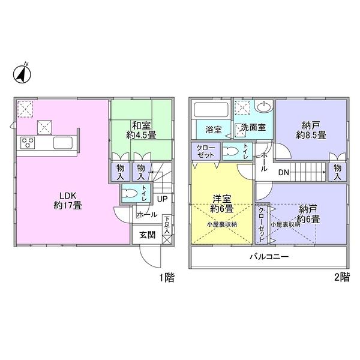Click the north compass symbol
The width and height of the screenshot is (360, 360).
tap(23, 74)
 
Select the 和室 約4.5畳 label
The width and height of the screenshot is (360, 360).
tap(140, 130)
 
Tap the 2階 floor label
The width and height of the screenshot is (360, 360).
tap(341, 277)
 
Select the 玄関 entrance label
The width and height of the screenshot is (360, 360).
tap(147, 235)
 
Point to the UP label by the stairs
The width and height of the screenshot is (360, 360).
tap(162, 199)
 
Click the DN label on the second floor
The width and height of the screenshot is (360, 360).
tap(284, 173)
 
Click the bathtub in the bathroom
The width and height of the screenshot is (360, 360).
tap(211, 111)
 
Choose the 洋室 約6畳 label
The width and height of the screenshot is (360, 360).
tap(221, 205)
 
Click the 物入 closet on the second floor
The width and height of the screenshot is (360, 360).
tap(337, 172)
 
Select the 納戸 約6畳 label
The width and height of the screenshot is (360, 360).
tap(309, 214)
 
